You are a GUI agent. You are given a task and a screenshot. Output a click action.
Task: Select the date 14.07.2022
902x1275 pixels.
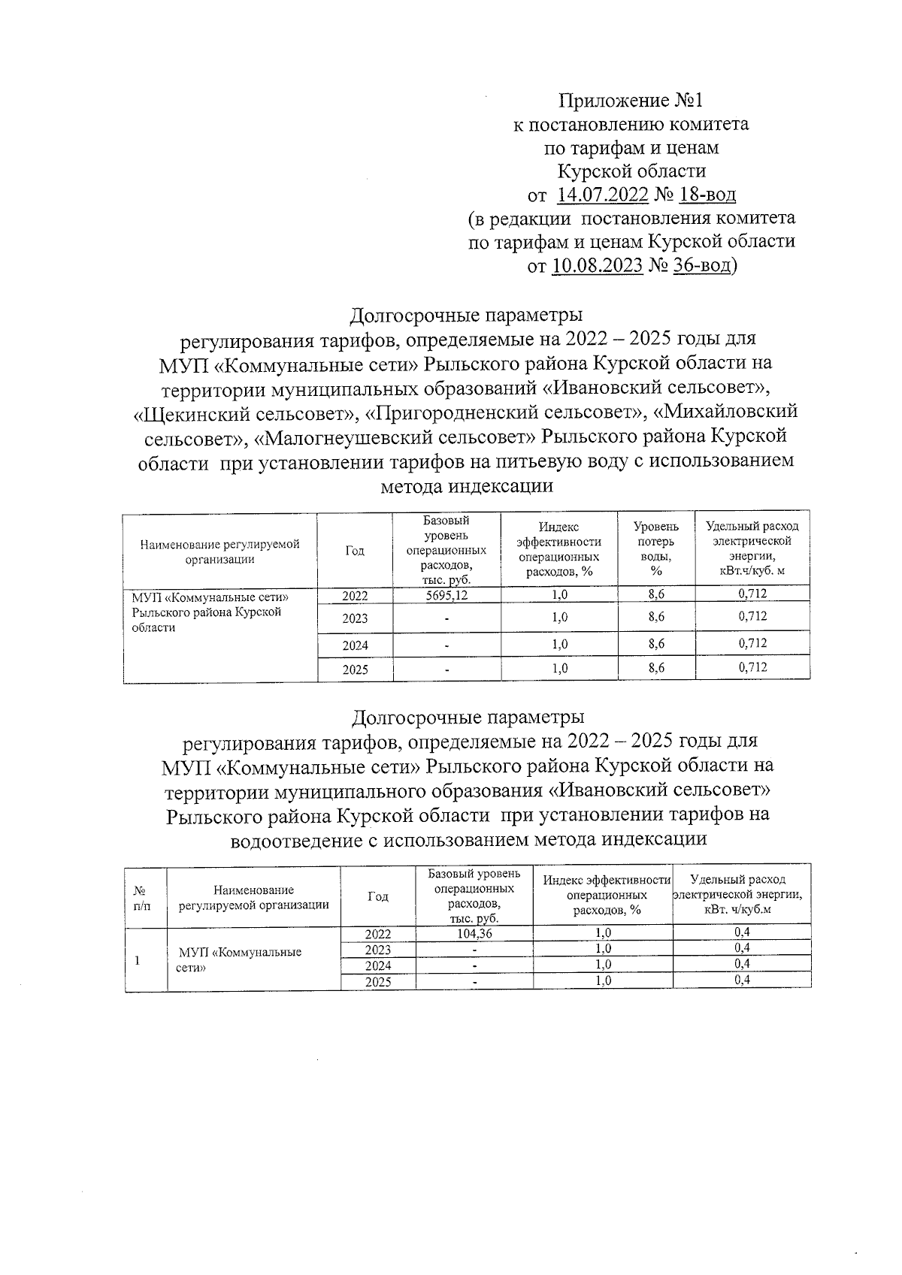click(x=602, y=195)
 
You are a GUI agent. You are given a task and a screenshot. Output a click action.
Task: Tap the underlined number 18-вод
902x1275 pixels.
click(x=707, y=195)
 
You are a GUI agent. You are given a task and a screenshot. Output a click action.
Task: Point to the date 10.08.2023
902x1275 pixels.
click(x=597, y=266)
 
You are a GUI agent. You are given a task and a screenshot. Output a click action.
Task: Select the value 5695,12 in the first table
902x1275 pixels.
click(x=446, y=595)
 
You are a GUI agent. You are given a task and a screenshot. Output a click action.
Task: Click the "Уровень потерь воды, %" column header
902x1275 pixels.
click(x=655, y=549)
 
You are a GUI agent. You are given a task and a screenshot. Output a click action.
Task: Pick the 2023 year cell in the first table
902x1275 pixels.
click(x=355, y=619)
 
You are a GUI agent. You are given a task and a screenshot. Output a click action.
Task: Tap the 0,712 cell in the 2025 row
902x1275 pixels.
click(x=752, y=667)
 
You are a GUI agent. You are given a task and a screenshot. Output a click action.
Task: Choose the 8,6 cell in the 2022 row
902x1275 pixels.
click(x=655, y=594)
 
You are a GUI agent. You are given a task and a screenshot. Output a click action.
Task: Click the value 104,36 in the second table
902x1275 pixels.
click(x=474, y=934)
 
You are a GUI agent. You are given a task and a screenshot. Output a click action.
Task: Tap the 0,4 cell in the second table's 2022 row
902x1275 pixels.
click(x=742, y=933)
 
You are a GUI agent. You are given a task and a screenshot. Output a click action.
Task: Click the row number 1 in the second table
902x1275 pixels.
click(x=136, y=960)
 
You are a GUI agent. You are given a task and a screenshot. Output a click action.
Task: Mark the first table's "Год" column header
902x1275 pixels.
click(x=355, y=551)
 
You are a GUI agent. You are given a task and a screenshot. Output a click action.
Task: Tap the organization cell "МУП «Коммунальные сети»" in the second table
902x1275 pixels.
click(x=239, y=959)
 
